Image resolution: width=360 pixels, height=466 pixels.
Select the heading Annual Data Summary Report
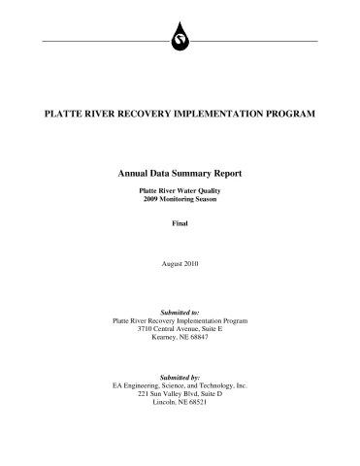pyautogui.click(x=180, y=173)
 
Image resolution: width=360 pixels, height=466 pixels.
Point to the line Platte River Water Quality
pyautogui.click(x=180, y=191)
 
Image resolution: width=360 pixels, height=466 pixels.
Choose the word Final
pyautogui.click(x=180, y=223)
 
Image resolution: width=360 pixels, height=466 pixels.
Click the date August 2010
pyautogui.click(x=180, y=263)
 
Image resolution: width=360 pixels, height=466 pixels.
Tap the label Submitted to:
pyautogui.click(x=180, y=312)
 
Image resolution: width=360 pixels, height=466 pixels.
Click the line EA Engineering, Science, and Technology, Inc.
pyautogui.click(x=180, y=385)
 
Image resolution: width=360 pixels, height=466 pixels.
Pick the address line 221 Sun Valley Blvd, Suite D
pyautogui.click(x=180, y=393)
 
